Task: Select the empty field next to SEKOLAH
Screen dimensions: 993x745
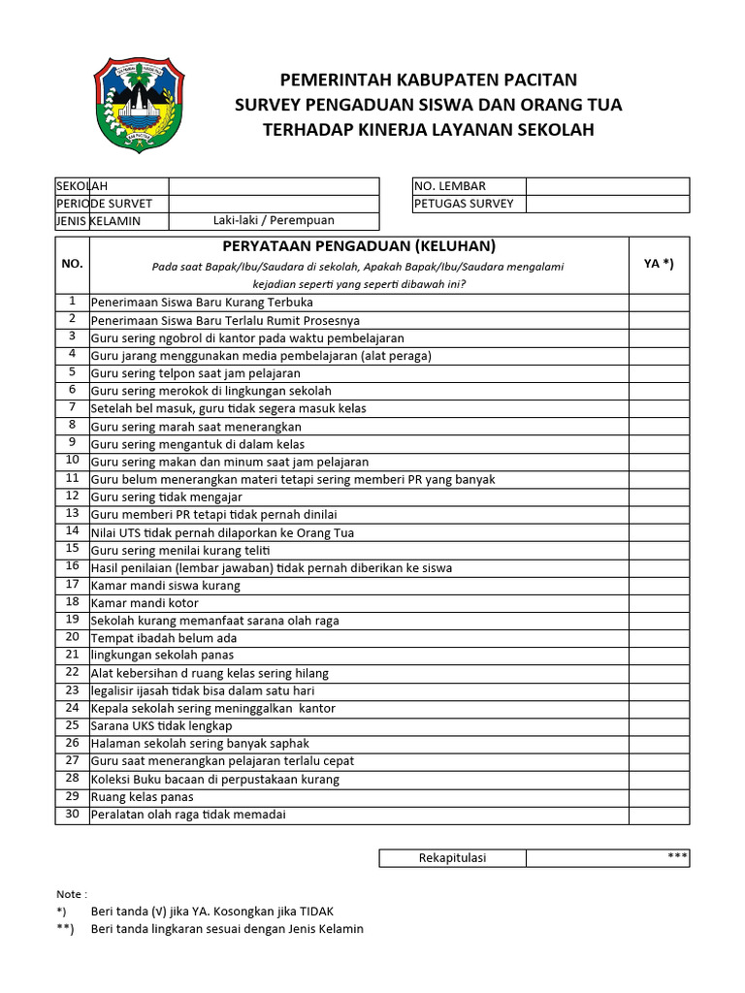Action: coord(274,186)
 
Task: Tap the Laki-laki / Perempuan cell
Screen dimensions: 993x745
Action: coord(274,221)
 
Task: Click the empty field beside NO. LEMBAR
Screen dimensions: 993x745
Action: coord(607,186)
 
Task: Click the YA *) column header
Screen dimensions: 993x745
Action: coord(659,263)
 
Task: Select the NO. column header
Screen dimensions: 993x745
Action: coord(72,264)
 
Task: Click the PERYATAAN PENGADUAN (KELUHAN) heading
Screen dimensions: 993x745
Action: coord(359,246)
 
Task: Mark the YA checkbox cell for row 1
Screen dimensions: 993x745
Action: coord(659,303)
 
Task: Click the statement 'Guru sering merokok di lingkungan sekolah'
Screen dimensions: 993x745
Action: coord(211,391)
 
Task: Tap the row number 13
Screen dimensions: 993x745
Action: coord(72,513)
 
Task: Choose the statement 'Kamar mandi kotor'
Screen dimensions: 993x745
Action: coord(145,603)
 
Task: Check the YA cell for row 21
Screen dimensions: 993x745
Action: coord(659,656)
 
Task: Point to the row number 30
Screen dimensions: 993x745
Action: coord(72,814)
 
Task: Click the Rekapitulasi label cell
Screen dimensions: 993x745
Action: coord(452,858)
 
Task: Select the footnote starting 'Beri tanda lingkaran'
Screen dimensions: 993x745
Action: coord(227,929)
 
